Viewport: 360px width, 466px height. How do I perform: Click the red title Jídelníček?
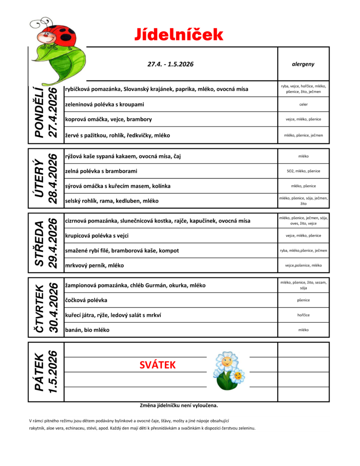pyautogui.click(x=179, y=35)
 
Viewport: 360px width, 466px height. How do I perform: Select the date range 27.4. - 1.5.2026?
pyautogui.click(x=170, y=64)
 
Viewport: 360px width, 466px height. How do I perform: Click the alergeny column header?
pyautogui.click(x=303, y=64)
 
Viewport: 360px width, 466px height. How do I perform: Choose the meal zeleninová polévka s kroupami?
pyautogui.click(x=105, y=104)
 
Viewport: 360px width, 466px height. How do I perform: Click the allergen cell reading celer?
pyautogui.click(x=303, y=104)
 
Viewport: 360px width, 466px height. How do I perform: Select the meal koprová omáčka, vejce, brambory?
pyautogui.click(x=108, y=119)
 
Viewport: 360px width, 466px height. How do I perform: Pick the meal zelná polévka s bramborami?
pyautogui.click(x=101, y=171)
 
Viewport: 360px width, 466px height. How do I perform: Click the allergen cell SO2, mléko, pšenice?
pyautogui.click(x=303, y=171)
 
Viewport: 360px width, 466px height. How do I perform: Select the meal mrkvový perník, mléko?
pyautogui.click(x=94, y=265)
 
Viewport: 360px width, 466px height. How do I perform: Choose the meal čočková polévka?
pyautogui.click(x=86, y=300)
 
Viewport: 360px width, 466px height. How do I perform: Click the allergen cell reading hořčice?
pyautogui.click(x=303, y=315)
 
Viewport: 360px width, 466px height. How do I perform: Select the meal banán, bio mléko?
pyautogui.click(x=87, y=330)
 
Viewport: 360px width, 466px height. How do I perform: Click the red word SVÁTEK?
pyautogui.click(x=157, y=365)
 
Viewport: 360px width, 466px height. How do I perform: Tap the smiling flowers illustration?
pyautogui.click(x=229, y=370)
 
